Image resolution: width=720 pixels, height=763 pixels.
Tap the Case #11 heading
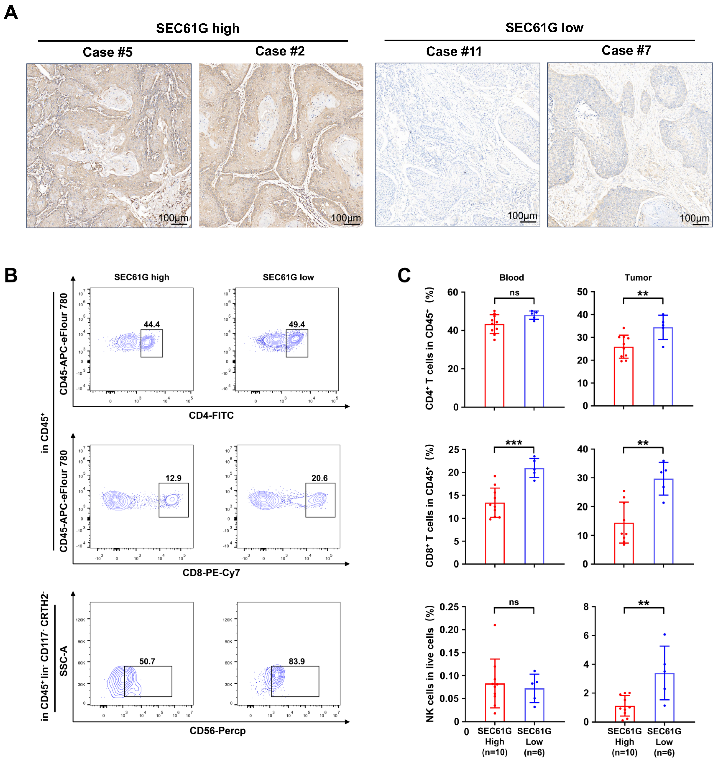click(x=454, y=51)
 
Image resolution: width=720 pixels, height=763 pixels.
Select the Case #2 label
click(x=280, y=51)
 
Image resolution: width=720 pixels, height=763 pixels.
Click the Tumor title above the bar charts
click(x=638, y=278)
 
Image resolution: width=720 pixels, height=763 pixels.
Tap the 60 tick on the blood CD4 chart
click(x=453, y=292)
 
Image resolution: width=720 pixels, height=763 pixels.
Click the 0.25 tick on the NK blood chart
click(x=449, y=607)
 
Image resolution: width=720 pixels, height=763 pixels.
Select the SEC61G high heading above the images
click(x=198, y=28)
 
